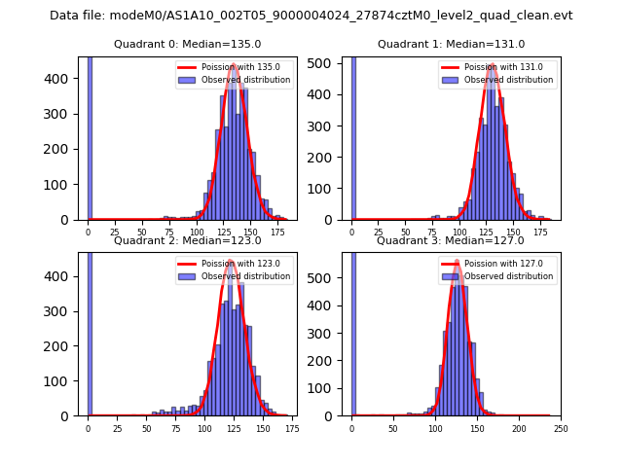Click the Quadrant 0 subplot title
[187, 44]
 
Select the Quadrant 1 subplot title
[451, 44]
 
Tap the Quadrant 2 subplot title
[187, 240]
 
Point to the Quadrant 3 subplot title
[451, 240]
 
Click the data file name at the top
[311, 16]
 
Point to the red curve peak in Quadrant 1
[493, 65]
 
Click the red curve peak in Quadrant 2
[231, 261]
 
